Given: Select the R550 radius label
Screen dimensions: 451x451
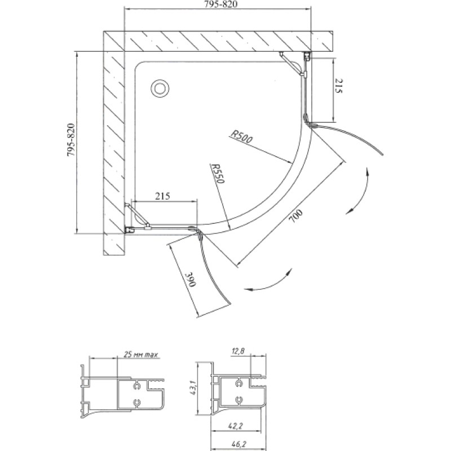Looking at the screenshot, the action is tap(218, 173).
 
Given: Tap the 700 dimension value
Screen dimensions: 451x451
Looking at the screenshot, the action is tap(296, 216).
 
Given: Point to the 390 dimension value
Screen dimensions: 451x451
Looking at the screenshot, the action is tap(191, 278).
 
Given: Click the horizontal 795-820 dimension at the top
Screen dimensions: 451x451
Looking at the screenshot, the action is tap(221, 5).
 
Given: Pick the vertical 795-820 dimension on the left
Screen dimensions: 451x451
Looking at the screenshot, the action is tap(71, 140).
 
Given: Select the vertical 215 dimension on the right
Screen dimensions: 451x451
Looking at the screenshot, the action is tap(338, 86).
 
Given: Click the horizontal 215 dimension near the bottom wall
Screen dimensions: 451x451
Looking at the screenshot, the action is tap(163, 196).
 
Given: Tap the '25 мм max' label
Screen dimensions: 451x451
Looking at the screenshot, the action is tap(141, 355).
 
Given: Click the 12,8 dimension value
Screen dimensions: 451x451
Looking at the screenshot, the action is tap(238, 351).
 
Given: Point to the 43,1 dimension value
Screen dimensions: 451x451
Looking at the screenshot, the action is tap(193, 387).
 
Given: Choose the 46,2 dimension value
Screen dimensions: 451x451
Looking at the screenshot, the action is tap(238, 444).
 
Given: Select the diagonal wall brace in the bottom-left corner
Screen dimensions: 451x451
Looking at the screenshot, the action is tap(137, 215).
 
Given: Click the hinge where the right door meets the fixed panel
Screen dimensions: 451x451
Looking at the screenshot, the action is tap(309, 122).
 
